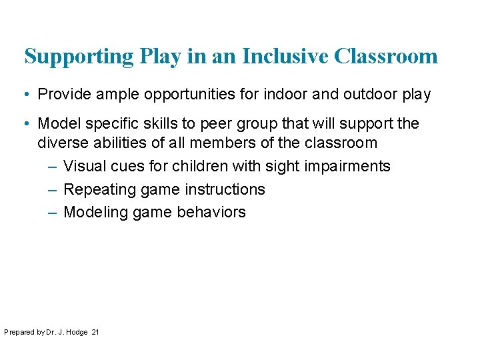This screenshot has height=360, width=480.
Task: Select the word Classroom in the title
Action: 386,56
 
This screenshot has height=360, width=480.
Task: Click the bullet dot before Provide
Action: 29,95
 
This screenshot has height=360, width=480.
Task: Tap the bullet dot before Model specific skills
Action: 29,124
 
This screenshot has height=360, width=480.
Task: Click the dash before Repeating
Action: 53,189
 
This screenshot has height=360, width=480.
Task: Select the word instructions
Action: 225,189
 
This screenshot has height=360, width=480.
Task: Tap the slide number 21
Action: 95,332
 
